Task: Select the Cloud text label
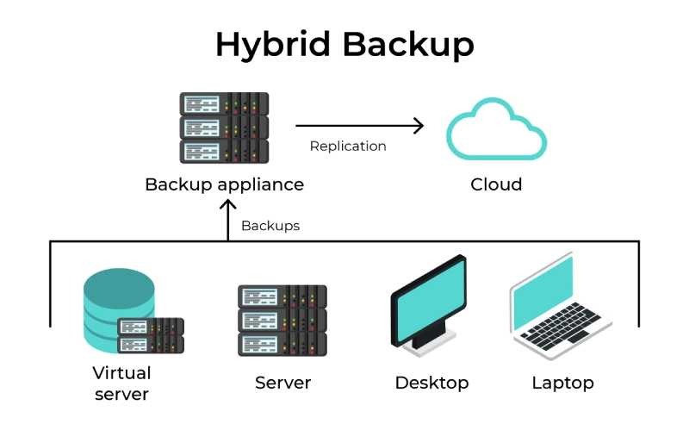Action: (x=496, y=184)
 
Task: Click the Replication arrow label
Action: (x=348, y=146)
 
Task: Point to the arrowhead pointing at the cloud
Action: (x=419, y=126)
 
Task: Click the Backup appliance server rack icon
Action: (x=224, y=128)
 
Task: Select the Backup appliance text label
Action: (x=224, y=184)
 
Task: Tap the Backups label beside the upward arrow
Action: (x=270, y=226)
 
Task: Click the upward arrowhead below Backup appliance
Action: (x=228, y=206)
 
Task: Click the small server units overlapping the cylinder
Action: (x=151, y=336)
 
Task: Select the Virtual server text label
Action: (x=121, y=383)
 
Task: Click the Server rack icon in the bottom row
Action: (x=282, y=321)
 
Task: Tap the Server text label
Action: (x=282, y=383)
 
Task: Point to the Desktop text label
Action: (x=431, y=383)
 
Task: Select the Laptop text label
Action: (x=562, y=383)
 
